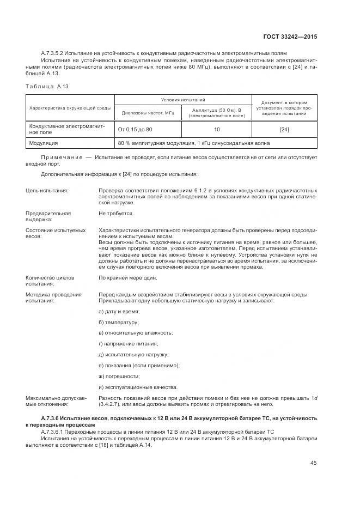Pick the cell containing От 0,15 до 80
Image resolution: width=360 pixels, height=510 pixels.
[x=135, y=130]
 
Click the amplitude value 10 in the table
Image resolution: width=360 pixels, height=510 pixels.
[x=217, y=130]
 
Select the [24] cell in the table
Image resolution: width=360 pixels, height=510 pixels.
[x=284, y=130]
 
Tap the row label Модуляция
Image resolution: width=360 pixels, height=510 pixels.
[x=44, y=143]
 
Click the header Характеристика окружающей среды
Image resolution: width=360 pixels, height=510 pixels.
[x=70, y=107]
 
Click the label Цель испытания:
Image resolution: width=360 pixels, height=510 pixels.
[x=47, y=190]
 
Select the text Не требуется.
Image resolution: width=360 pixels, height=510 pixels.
[x=116, y=213]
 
